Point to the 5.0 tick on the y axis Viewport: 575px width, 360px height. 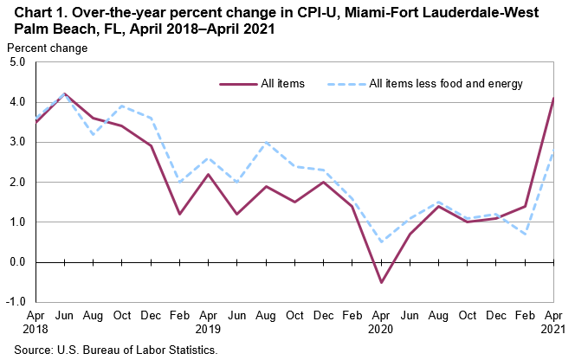(x=16, y=62)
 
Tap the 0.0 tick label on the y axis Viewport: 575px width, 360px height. (x=16, y=261)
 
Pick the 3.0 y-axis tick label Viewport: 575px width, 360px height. (x=16, y=142)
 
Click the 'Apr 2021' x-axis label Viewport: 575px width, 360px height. (x=554, y=324)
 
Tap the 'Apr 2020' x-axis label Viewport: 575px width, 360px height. (x=381, y=324)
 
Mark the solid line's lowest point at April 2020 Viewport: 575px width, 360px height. (x=381, y=282)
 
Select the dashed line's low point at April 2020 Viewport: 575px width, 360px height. (x=381, y=242)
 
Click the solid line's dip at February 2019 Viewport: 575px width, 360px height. (x=178, y=214)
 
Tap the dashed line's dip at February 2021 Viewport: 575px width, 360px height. (x=526, y=234)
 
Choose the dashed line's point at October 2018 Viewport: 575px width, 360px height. (x=122, y=106)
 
